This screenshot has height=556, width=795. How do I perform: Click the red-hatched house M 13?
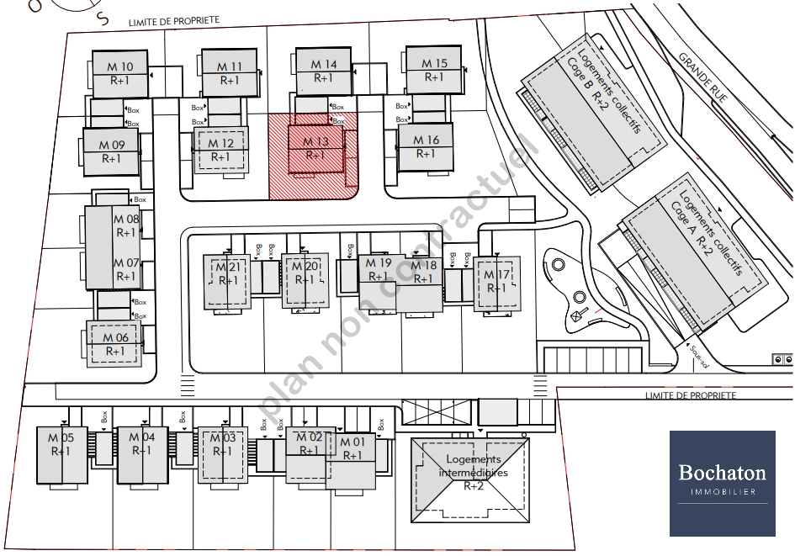tap(315, 149)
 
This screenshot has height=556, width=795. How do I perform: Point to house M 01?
tap(352, 449)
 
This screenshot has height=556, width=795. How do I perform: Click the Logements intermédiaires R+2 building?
tap(473, 472)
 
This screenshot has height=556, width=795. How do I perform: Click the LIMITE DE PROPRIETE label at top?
tap(173, 19)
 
